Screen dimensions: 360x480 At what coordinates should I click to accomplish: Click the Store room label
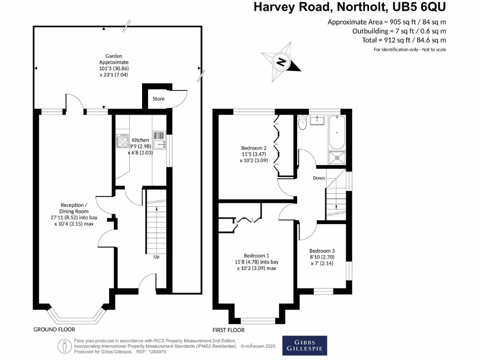[x=159, y=99]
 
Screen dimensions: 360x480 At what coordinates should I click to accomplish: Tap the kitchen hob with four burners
[x=123, y=141]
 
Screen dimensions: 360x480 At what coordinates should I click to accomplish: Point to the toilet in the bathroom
[x=302, y=124]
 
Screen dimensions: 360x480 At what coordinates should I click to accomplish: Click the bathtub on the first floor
[x=337, y=132]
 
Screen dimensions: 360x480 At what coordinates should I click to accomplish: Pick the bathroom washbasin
[x=318, y=120]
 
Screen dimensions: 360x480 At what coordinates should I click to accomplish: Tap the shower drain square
[x=337, y=157]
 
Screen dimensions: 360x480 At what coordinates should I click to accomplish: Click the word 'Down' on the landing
[x=319, y=178]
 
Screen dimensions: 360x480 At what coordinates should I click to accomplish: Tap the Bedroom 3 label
[x=322, y=251]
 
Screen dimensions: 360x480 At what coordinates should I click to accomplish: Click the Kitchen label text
[x=140, y=140]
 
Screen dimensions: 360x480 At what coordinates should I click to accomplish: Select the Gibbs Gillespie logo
[x=304, y=345]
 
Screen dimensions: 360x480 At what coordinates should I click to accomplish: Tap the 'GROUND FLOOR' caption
[x=54, y=330]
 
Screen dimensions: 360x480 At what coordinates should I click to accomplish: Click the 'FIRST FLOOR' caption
[x=229, y=330]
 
